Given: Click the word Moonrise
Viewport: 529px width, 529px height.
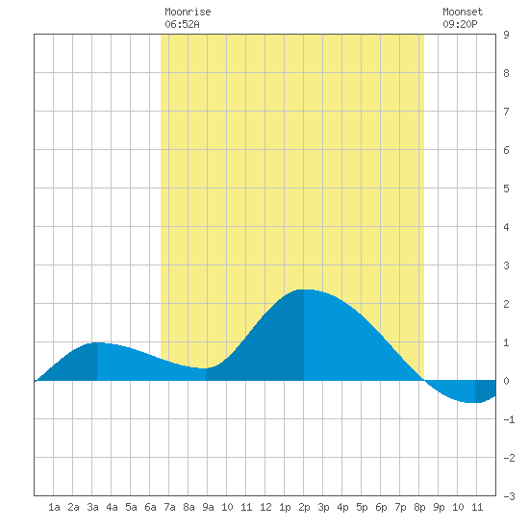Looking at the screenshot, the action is (188, 12).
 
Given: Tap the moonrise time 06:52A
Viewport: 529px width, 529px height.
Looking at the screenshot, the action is (182, 24).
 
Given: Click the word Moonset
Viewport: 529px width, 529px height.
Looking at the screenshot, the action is (463, 12).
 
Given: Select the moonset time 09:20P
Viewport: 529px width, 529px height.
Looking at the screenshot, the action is (460, 24).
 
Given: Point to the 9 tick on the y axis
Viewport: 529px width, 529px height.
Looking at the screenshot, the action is (506, 35).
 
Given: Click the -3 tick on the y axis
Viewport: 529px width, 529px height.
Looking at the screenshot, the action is (509, 496).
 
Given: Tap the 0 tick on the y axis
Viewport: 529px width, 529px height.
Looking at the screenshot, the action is (506, 381).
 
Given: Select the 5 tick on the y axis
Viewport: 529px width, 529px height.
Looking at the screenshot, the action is (506, 189).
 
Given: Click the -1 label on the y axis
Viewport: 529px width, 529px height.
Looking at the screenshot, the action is (509, 419).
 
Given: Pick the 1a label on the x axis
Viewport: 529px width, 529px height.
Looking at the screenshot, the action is (54, 507).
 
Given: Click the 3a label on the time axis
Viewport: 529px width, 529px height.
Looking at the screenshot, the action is (92, 507).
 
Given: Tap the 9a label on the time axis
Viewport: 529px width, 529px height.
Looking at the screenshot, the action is (208, 507).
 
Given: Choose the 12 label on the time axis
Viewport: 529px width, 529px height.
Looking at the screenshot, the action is (265, 507).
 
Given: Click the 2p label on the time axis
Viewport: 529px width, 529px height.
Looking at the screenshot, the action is (304, 507).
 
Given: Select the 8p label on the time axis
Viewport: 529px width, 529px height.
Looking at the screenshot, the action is (419, 507).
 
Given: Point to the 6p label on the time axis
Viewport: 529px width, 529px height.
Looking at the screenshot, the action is (381, 507).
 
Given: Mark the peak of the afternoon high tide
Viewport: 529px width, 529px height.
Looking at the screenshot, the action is (304, 290).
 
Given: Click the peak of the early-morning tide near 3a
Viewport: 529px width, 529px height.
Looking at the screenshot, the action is (97, 342).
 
